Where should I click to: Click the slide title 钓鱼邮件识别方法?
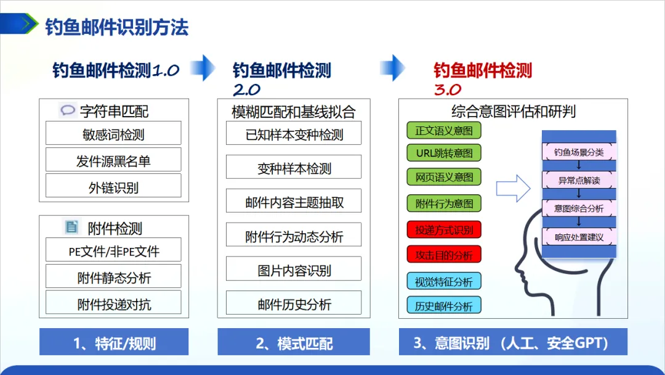click(x=116, y=27)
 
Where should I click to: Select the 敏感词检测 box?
click(x=113, y=133)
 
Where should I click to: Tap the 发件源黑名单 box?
click(x=113, y=160)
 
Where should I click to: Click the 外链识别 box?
click(x=113, y=186)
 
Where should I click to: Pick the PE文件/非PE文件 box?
click(x=113, y=250)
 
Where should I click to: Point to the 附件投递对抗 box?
click(x=113, y=303)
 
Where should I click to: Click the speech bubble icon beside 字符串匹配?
click(x=67, y=111)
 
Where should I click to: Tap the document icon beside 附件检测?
click(x=72, y=227)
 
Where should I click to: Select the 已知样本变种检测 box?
click(x=294, y=134)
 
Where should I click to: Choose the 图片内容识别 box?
click(x=294, y=270)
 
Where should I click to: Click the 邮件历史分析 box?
click(x=294, y=303)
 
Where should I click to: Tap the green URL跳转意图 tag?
click(x=443, y=153)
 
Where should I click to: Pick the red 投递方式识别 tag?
click(x=443, y=230)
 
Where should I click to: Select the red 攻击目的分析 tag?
click(x=443, y=254)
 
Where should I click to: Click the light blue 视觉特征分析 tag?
click(x=443, y=282)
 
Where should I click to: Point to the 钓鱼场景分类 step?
click(x=579, y=152)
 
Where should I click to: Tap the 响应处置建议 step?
click(x=579, y=237)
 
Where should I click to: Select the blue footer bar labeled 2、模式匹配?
click(x=294, y=342)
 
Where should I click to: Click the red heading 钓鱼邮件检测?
click(x=482, y=70)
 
